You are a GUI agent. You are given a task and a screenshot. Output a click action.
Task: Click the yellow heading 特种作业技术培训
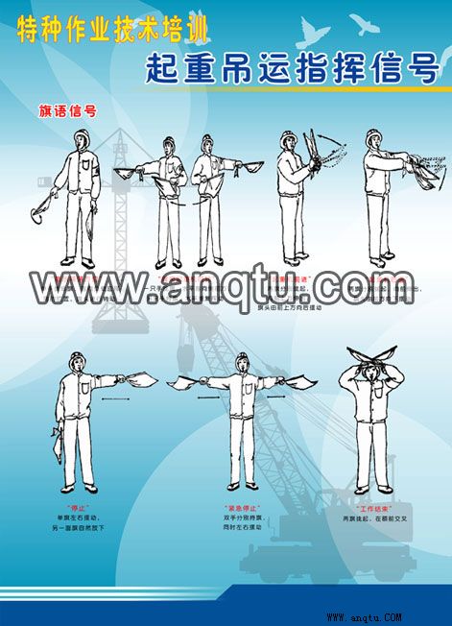[111, 32]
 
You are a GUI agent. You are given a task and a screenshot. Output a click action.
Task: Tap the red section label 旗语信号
[66, 109]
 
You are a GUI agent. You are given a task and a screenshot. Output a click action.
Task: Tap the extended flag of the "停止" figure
[144, 382]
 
